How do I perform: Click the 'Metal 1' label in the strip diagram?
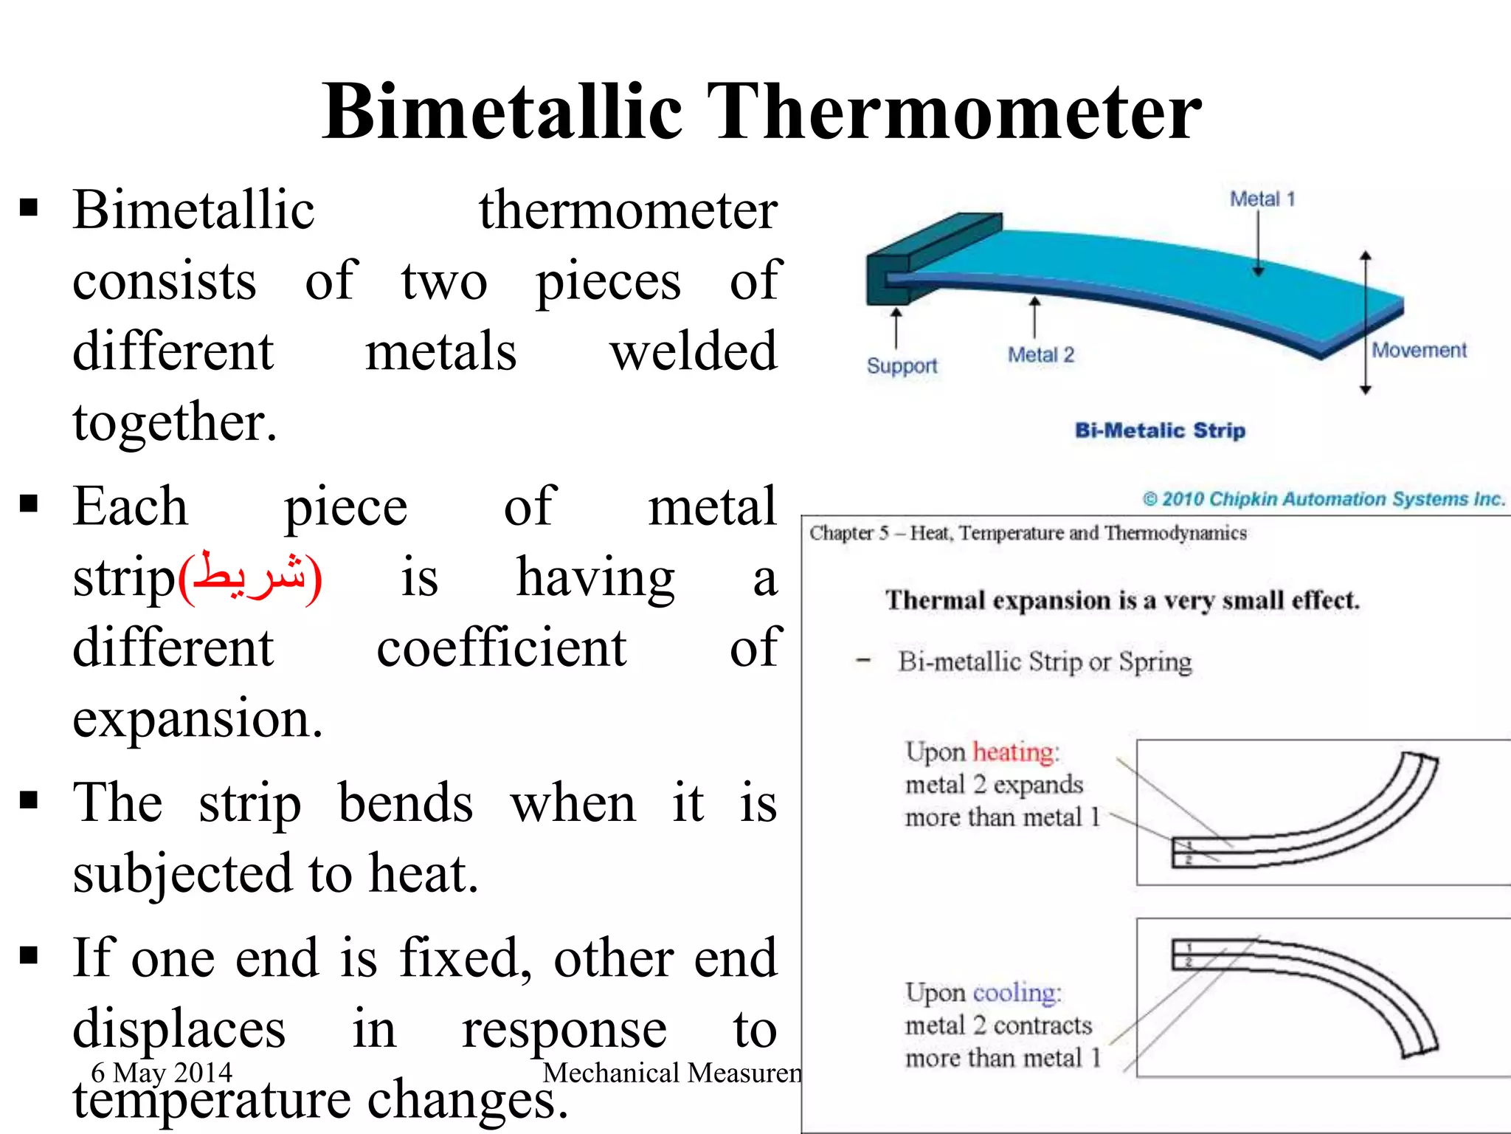click(1262, 199)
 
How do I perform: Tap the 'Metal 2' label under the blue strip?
click(1040, 355)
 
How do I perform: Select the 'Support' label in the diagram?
click(902, 366)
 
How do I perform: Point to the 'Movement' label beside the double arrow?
click(1418, 350)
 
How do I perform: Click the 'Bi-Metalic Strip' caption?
click(1160, 430)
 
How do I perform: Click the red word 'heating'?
click(1014, 752)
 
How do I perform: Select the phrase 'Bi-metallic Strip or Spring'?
click(1044, 661)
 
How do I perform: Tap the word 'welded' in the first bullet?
click(693, 351)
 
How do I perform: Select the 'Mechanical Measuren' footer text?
click(671, 1073)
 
